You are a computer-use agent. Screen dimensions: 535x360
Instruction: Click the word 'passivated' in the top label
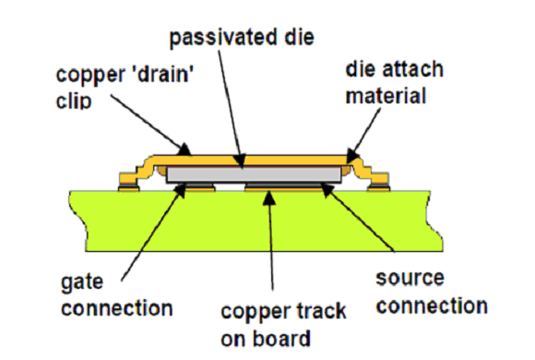click(223, 38)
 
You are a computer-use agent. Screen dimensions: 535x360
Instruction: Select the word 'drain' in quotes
click(165, 74)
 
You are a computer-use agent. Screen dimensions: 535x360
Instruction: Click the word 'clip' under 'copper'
click(74, 101)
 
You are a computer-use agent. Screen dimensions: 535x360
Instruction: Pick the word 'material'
click(386, 96)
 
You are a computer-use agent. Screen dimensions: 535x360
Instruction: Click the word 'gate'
click(82, 282)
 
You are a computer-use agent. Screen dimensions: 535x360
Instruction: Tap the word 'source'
click(410, 278)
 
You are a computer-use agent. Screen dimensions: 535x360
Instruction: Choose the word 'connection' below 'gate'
click(117, 308)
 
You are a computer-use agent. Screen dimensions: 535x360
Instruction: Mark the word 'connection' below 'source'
click(432, 306)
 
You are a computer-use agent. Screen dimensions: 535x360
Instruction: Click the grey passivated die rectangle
click(254, 174)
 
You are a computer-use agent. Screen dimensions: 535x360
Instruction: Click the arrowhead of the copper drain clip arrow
click(184, 150)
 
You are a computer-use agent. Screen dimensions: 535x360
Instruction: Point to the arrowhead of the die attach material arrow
click(353, 155)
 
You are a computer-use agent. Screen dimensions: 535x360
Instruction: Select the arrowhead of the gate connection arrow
click(181, 190)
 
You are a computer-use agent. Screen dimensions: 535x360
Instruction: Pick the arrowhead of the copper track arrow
click(268, 198)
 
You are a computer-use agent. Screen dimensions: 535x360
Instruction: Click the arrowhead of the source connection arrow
click(327, 190)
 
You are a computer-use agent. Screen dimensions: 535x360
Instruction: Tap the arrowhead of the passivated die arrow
click(240, 162)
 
